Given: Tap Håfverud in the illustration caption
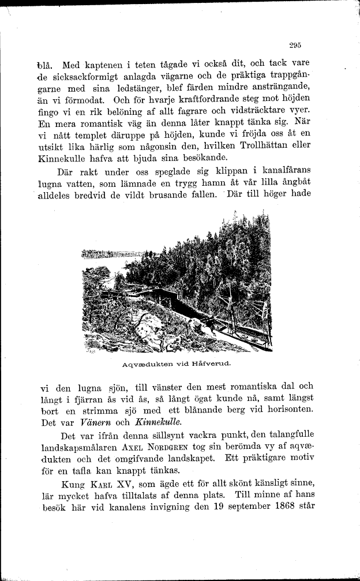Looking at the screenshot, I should (x=211, y=364).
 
